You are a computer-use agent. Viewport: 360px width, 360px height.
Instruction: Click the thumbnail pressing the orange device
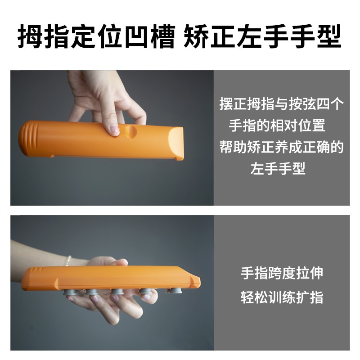114,130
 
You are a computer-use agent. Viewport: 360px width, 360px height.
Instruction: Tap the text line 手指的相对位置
277,126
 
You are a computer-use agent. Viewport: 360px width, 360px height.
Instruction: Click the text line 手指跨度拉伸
282,274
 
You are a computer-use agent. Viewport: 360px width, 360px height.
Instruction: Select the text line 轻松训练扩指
282,297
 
